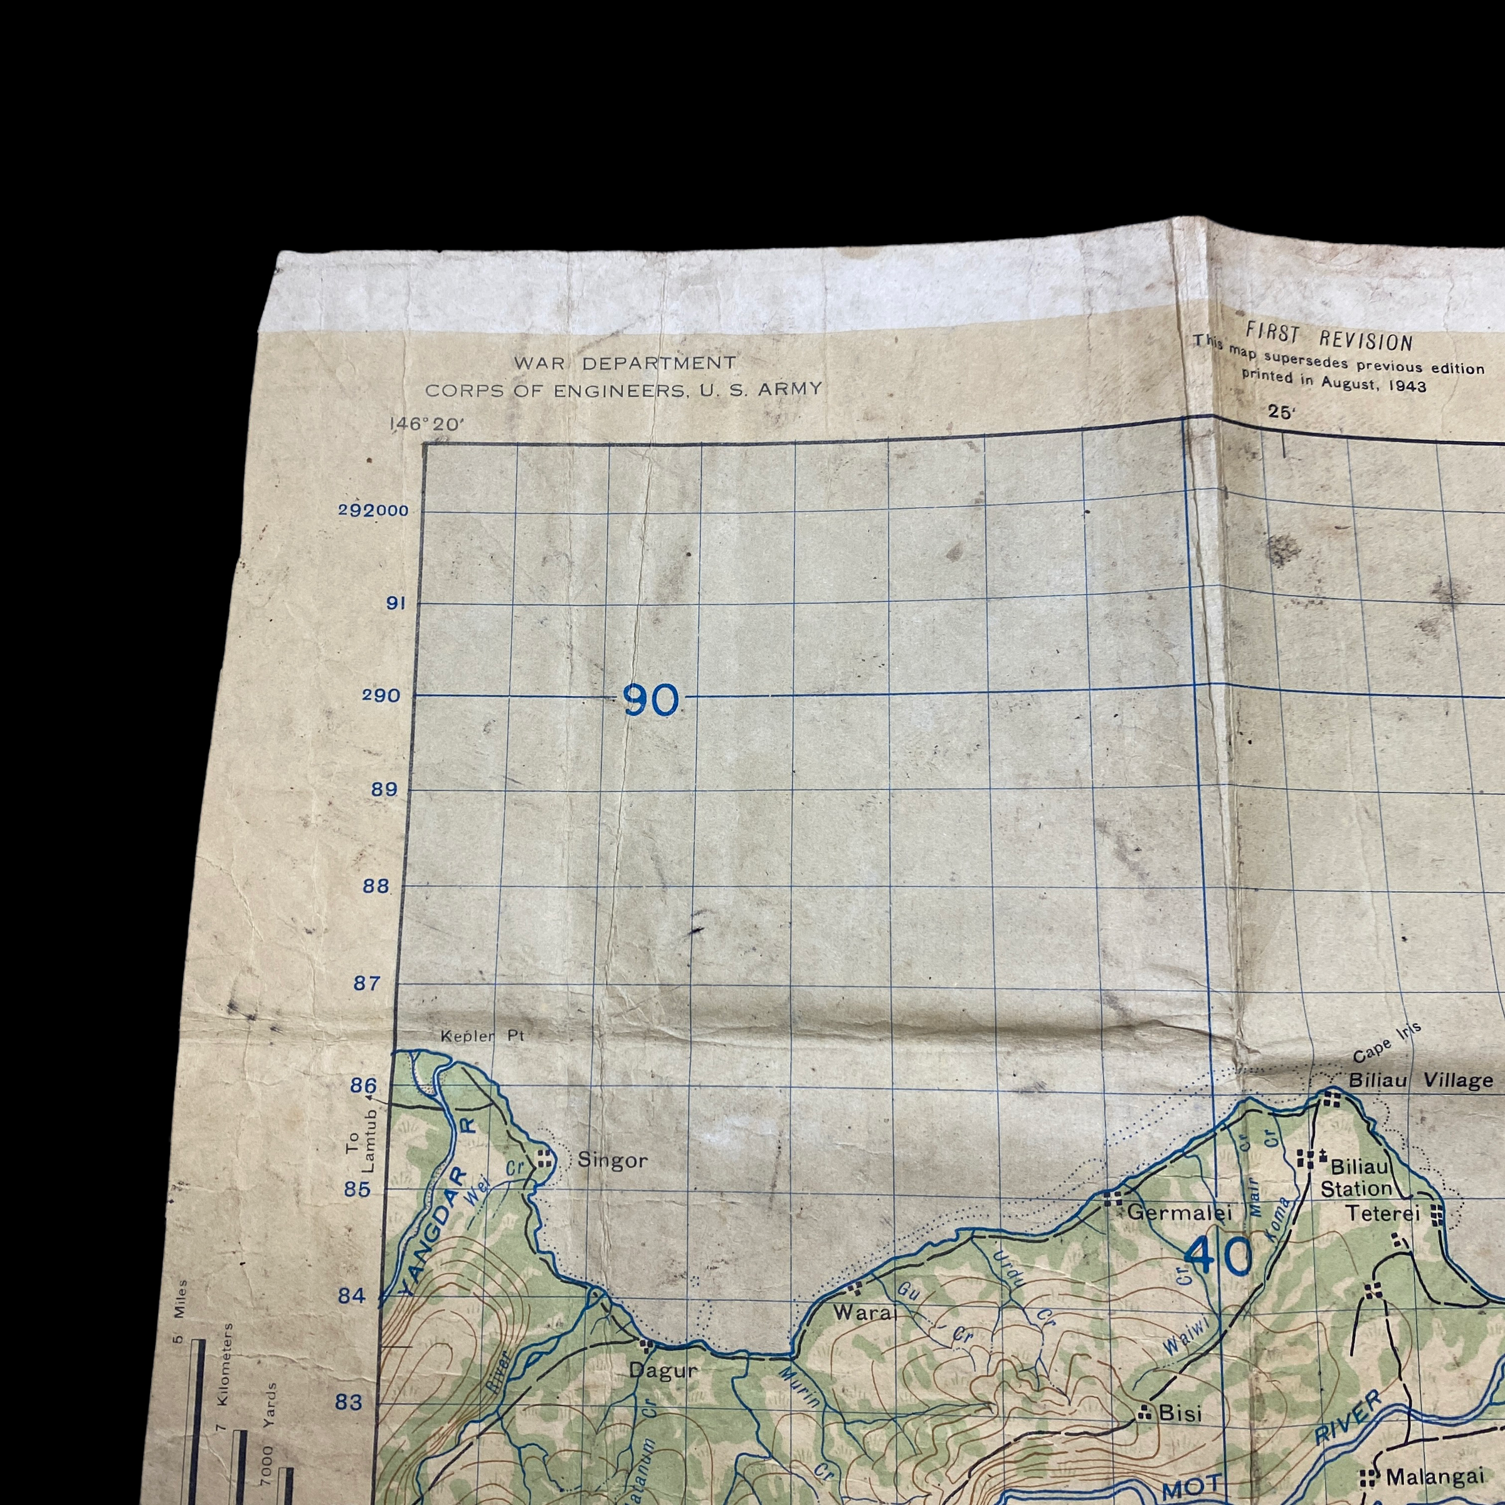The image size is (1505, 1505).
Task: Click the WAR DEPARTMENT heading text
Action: point(624,363)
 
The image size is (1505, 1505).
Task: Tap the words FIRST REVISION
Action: point(1328,338)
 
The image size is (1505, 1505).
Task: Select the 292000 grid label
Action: point(374,511)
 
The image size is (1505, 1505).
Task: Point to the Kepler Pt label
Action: point(482,1036)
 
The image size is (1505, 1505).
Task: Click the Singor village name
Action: point(612,1161)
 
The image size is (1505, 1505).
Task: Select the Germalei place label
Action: point(1180,1212)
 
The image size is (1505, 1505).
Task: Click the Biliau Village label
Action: point(1421,1080)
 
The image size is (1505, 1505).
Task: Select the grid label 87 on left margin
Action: point(367,983)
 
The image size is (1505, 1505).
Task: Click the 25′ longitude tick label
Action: point(1280,413)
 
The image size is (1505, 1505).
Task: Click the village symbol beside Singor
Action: point(544,1158)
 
